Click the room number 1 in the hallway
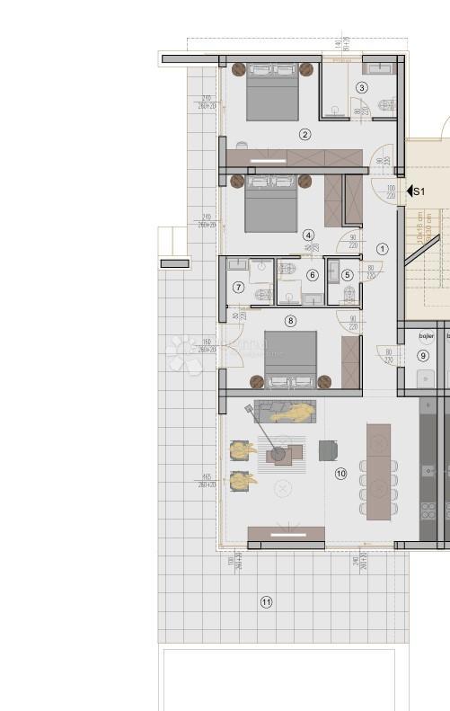point(382,249)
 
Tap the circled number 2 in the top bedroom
point(305,135)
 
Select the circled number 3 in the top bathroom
point(362,87)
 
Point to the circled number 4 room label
point(308,234)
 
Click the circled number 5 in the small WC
point(348,275)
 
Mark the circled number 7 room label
point(238,288)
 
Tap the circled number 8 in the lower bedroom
point(289,320)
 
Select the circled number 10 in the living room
point(340,473)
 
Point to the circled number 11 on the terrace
point(266,602)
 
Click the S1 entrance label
point(419,191)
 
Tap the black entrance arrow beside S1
point(410,191)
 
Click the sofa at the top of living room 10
point(287,412)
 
